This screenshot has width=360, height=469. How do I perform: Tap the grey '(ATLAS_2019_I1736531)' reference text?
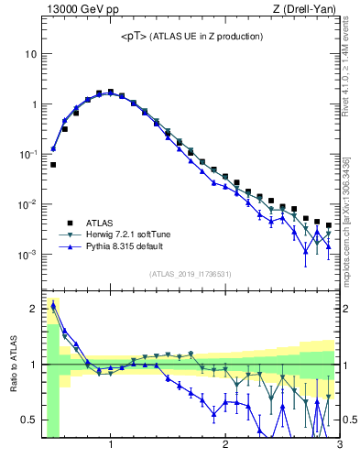[x=191, y=274]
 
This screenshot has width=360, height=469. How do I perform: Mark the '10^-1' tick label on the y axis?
[x=27, y=154]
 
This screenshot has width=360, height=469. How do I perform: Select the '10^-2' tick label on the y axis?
[x=27, y=204]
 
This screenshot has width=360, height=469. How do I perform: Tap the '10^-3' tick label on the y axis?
[x=27, y=254]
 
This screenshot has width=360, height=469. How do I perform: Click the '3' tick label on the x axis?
[x=339, y=446]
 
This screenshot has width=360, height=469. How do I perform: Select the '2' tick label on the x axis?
[x=225, y=446]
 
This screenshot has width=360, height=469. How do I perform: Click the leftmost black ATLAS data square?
[x=53, y=165]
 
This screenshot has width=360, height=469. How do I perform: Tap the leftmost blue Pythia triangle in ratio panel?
[x=53, y=306]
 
